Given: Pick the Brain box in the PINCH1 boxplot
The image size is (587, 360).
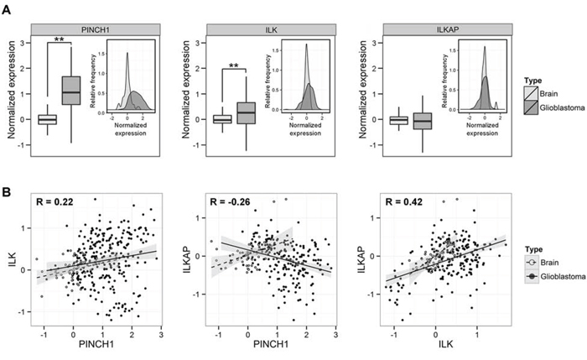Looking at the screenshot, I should pyautogui.click(x=47, y=119).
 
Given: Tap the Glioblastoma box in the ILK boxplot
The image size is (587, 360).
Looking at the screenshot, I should pyautogui.click(x=247, y=112).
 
